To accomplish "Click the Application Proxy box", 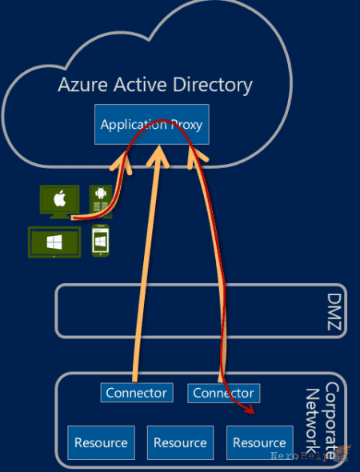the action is click(x=152, y=124).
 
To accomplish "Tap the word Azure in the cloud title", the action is click(x=82, y=85).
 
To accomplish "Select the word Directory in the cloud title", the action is click(x=213, y=86).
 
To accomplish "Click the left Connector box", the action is click(x=137, y=393).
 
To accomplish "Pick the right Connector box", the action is click(x=224, y=393).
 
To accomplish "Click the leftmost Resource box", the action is click(x=101, y=443).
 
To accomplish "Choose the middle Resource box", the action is click(x=180, y=443).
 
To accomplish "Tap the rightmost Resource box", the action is click(x=259, y=443).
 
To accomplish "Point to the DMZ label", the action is click(x=334, y=312).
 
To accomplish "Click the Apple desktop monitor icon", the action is click(x=59, y=202).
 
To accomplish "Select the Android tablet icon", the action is click(x=101, y=202).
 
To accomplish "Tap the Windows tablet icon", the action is click(x=54, y=242).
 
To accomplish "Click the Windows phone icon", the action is click(x=100, y=241).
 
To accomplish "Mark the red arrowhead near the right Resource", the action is click(x=250, y=410).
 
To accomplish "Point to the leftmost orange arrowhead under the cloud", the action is click(x=122, y=163).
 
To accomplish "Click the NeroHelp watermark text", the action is click(x=301, y=456).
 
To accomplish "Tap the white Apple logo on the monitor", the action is click(x=59, y=199).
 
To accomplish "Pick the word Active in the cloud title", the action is click(x=140, y=85).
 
